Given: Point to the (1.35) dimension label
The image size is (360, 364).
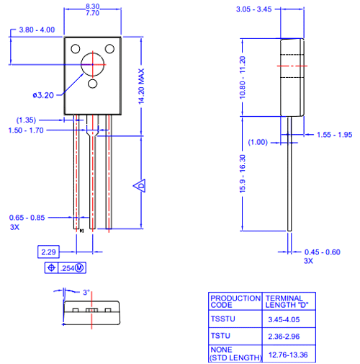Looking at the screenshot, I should pyautogui.click(x=26, y=120).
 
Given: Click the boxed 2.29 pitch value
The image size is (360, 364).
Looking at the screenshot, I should pyautogui.click(x=49, y=252).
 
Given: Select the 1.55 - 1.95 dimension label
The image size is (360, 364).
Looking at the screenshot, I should pyautogui.click(x=334, y=135).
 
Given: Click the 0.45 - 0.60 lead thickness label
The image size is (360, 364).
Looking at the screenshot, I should pyautogui.click(x=322, y=252).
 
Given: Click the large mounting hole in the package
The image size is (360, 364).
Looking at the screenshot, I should pyautogui.click(x=94, y=64).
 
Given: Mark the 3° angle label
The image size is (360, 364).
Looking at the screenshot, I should pyautogui.click(x=86, y=293).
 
